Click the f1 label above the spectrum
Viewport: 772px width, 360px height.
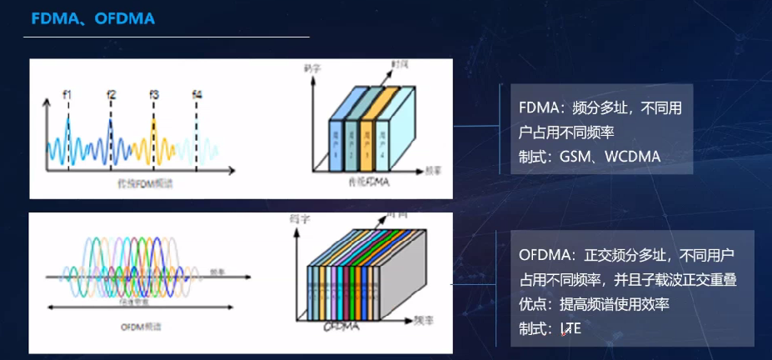click(x=67, y=94)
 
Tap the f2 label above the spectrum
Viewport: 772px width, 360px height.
click(x=111, y=94)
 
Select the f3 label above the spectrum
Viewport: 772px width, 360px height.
click(x=154, y=94)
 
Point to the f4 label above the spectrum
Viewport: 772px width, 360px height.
click(x=197, y=94)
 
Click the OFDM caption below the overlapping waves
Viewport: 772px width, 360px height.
click(x=135, y=327)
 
